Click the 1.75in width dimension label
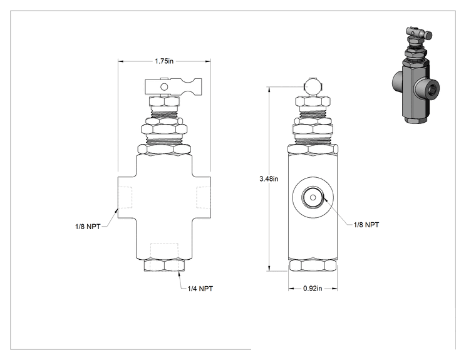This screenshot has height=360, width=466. [x=163, y=61]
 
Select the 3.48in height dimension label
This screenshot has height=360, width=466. [x=269, y=179]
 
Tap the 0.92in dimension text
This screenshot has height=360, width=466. [x=313, y=289]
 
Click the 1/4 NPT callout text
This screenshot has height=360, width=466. [x=200, y=289]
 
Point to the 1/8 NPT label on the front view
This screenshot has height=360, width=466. [x=88, y=227]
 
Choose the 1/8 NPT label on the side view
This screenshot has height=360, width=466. [x=366, y=225]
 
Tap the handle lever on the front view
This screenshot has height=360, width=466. [x=173, y=87]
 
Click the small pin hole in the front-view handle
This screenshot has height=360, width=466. [x=164, y=87]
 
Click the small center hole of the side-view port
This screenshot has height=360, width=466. [x=313, y=197]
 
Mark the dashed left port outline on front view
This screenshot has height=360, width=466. [x=125, y=197]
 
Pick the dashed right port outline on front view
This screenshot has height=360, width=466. [x=204, y=197]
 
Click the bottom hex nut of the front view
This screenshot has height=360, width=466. [x=164, y=265]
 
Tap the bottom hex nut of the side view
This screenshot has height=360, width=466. [x=313, y=265]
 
